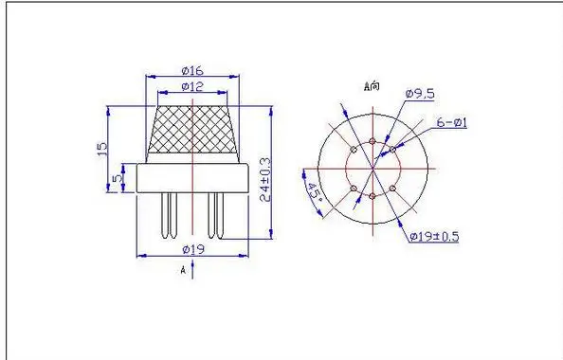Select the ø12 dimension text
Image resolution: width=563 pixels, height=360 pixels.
pyautogui.click(x=192, y=87)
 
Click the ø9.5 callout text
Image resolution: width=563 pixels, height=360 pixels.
pyautogui.click(x=419, y=93)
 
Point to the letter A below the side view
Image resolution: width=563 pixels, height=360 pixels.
pyautogui.click(x=182, y=269)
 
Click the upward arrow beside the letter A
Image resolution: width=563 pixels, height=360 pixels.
pyautogui.click(x=193, y=269)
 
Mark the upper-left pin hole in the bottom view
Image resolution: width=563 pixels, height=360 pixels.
pyautogui.click(x=354, y=150)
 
